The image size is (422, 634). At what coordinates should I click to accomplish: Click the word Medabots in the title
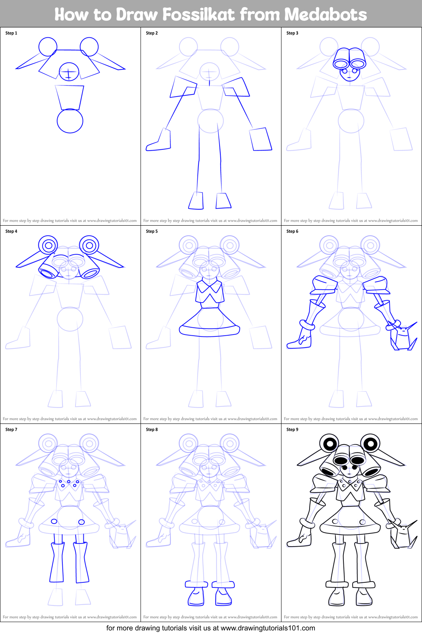(x=326, y=15)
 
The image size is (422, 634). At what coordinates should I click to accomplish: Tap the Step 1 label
(x=11, y=33)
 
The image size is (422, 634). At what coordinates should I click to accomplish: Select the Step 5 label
(x=152, y=231)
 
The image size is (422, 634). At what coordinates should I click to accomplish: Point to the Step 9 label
(x=292, y=429)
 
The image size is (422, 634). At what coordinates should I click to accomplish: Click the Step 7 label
(x=11, y=429)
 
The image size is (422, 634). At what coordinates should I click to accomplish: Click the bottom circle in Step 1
(x=70, y=121)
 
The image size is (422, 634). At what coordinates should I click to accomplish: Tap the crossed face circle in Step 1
(x=69, y=72)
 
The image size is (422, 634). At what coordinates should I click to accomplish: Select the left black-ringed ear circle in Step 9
(x=329, y=443)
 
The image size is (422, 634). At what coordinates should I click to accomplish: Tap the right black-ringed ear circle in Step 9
(x=370, y=443)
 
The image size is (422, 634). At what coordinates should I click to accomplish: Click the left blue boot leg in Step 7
(x=57, y=562)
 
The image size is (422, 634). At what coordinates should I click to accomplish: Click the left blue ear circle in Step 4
(x=48, y=245)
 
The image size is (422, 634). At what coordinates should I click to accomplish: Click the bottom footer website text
(x=211, y=628)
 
